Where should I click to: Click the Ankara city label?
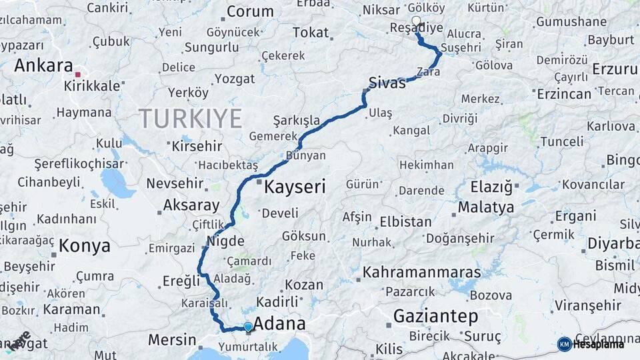[43, 65]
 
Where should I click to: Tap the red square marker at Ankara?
[78, 75]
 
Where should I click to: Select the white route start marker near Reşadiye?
[417, 21]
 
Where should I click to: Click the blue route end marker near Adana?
[248, 327]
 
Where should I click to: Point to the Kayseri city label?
[295, 187]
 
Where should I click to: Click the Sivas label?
[387, 83]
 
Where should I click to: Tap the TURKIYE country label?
[190, 119]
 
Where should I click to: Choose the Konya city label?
[85, 246]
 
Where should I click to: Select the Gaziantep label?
[436, 316]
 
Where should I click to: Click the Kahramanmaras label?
[422, 273]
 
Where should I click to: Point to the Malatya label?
[486, 207]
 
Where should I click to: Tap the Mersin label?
[172, 339]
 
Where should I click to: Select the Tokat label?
[311, 32]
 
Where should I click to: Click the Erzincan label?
[564, 93]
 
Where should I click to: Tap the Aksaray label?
[191, 205]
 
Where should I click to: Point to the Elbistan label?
[405, 222]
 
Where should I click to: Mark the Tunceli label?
[561, 141]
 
